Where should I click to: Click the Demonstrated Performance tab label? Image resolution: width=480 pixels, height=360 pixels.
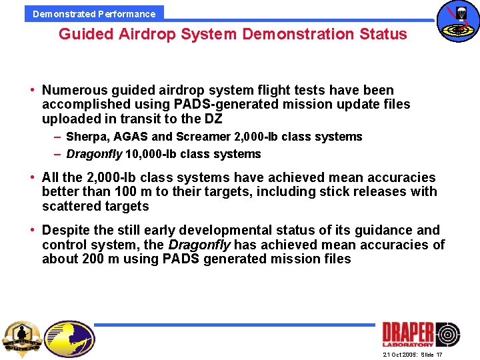(94, 13)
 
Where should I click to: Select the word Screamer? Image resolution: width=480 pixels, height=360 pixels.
(204, 137)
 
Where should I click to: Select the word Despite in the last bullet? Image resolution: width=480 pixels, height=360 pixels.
(65, 230)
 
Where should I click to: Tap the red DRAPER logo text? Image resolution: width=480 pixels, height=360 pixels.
(407, 333)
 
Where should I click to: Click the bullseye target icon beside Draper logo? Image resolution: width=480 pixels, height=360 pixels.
(447, 333)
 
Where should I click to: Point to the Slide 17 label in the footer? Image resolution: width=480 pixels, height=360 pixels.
(431, 355)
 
